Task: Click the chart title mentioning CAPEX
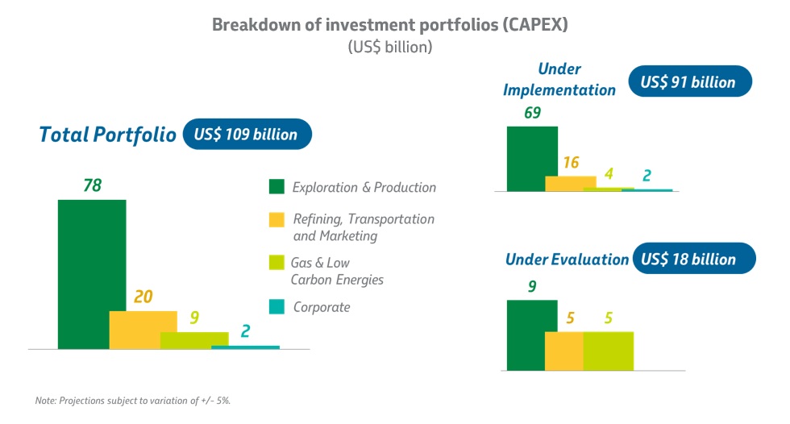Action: (x=389, y=24)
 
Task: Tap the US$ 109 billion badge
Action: (x=247, y=134)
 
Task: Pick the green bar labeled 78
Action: (x=91, y=274)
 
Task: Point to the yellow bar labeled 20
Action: (x=143, y=330)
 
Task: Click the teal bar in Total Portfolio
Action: (x=245, y=347)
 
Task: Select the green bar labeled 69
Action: (x=531, y=158)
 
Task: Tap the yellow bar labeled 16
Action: (x=570, y=183)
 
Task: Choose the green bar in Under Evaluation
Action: (x=531, y=335)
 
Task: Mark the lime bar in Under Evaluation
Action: (x=609, y=351)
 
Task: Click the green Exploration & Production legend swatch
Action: (x=276, y=187)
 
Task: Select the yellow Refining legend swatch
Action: (x=276, y=219)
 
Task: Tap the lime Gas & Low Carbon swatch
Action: (x=276, y=263)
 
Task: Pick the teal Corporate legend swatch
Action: (x=276, y=306)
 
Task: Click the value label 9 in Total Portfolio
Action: (x=194, y=317)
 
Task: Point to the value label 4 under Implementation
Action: (x=609, y=174)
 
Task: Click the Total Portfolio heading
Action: (x=107, y=134)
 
